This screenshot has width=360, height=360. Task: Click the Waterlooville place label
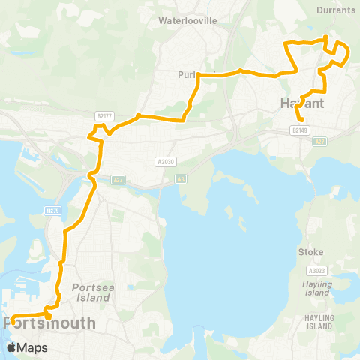(187, 21)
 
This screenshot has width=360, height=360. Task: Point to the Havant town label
(301, 103)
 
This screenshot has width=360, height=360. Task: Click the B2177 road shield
(104, 115)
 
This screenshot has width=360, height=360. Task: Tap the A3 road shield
(181, 178)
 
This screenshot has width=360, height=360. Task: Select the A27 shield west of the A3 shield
(118, 179)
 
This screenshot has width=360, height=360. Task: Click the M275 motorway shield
(52, 211)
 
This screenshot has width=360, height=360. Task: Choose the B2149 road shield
(300, 130)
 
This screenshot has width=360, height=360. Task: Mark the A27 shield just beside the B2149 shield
(321, 141)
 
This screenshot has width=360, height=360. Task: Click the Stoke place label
(310, 252)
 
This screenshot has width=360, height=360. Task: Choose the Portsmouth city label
(50, 323)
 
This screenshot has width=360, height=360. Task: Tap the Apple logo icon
(12, 347)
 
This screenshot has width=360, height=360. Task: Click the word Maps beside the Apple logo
(33, 347)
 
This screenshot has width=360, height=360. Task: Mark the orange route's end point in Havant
(301, 120)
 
